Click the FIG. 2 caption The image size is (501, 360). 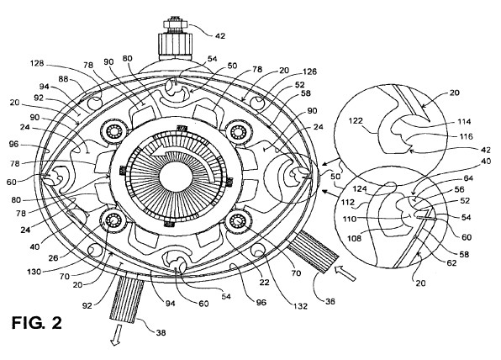pos(37,323)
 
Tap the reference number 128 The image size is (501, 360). pos(37,63)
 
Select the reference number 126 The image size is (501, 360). pos(309,71)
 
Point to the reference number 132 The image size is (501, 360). pos(300,306)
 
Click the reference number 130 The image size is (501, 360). pos(34,272)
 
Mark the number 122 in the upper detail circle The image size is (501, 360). pos(356,120)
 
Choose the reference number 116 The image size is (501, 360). pos(466,136)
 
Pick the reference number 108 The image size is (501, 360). pos(355,238)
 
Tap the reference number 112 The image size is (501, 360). pos(348,202)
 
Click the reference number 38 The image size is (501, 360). pos(161,332)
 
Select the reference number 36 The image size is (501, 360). pos(330,301)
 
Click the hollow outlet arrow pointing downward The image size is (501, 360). pos(116,335)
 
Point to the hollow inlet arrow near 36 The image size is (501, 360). pos(345,273)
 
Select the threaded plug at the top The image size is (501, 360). pos(175,39)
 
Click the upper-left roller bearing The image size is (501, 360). pos(113,131)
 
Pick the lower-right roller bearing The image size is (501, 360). pos(238,220)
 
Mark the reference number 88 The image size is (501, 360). pos(63,79)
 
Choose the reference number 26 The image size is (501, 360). pos(53,257)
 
